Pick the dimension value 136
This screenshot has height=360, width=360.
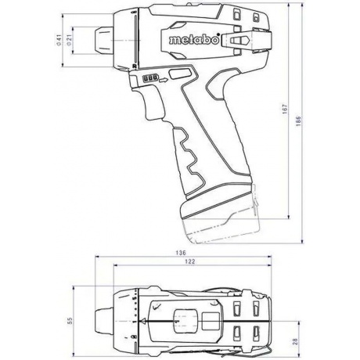180,253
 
